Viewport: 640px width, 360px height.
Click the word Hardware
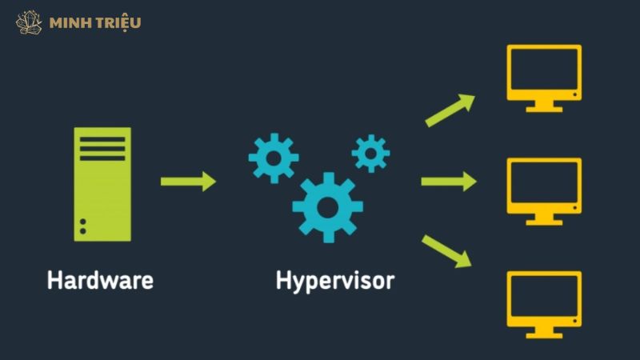(100, 281)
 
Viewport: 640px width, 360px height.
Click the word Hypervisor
(335, 282)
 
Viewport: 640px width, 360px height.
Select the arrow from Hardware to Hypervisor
(189, 182)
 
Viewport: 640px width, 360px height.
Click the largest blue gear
(327, 205)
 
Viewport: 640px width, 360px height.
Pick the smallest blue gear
(370, 153)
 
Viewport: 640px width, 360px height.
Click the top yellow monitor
(544, 76)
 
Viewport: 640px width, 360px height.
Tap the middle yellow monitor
(544, 190)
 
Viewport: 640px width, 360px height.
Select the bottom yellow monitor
(544, 302)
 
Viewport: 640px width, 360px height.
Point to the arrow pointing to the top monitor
(449, 110)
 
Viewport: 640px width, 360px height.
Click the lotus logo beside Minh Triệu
(29, 22)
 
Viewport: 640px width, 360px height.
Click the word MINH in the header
(67, 22)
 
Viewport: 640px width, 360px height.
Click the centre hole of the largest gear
(327, 206)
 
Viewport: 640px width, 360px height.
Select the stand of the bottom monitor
(544, 330)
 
